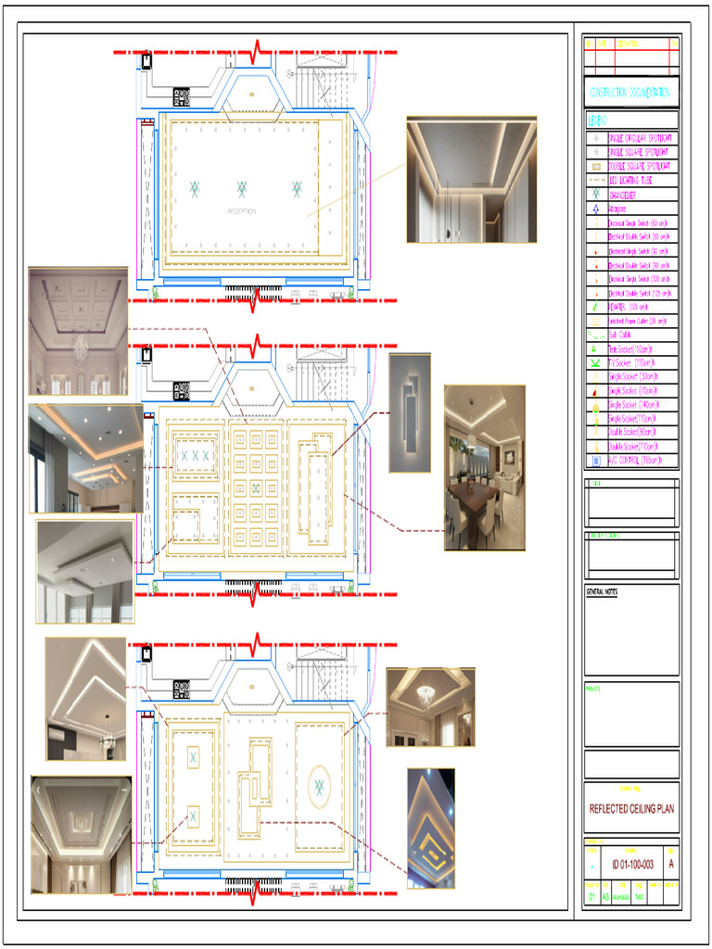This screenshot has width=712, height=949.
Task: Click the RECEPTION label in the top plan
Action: click(x=241, y=211)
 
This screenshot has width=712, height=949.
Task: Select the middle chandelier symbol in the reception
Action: click(x=241, y=189)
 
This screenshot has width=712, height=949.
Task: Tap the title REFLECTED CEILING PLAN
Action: click(x=631, y=808)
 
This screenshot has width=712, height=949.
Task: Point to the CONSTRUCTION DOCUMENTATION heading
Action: click(x=631, y=93)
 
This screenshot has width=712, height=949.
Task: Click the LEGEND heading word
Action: click(x=598, y=120)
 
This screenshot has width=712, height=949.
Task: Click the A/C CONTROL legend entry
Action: click(x=636, y=460)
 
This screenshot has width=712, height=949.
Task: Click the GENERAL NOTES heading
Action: click(x=603, y=591)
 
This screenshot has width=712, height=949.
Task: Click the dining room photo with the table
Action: click(x=485, y=468)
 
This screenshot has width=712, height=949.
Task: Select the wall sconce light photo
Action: click(x=410, y=412)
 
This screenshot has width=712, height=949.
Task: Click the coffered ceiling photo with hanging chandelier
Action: click(x=78, y=331)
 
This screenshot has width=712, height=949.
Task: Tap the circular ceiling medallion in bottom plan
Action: click(x=319, y=786)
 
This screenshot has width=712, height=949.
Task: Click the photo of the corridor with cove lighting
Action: click(x=471, y=179)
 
